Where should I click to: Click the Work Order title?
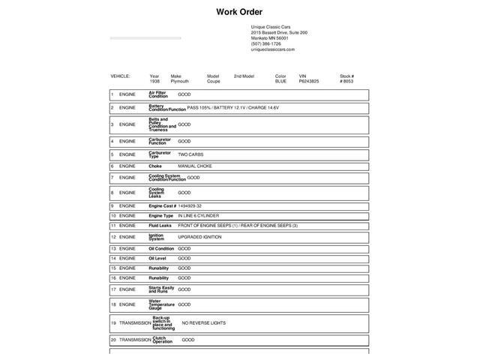click(239, 11)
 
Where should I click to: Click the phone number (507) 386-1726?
click(265, 43)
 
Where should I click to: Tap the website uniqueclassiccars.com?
click(272, 49)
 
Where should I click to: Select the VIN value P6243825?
click(308, 81)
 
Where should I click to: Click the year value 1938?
click(154, 81)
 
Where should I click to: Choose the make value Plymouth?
click(179, 81)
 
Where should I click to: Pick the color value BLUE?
click(280, 81)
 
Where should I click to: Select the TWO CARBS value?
click(190, 154)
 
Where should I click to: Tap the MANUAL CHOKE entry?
click(195, 166)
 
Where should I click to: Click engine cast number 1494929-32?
click(190, 205)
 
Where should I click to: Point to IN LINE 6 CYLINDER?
click(199, 215)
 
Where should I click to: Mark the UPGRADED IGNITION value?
click(199, 237)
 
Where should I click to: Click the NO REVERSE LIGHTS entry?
click(203, 322)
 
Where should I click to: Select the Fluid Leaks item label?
click(160, 225)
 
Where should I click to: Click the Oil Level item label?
click(157, 258)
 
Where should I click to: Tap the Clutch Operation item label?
click(162, 340)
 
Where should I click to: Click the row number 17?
click(112, 289)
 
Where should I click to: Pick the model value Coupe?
click(214, 81)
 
